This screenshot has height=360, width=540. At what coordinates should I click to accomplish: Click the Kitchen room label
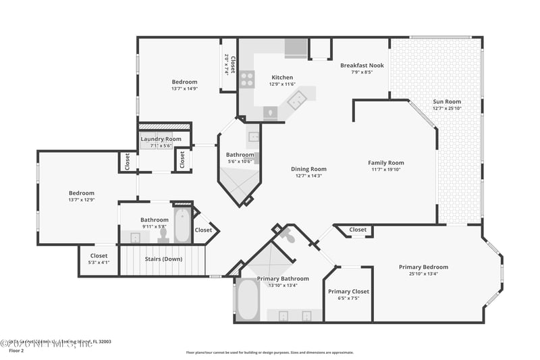[x=281, y=77]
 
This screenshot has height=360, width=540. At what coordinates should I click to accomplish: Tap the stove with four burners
[x=247, y=80]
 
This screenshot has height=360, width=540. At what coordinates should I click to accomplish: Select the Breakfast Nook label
[x=362, y=66]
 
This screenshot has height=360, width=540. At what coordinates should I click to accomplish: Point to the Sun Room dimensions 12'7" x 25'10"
[x=447, y=109]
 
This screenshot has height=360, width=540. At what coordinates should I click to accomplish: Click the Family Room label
[x=385, y=163]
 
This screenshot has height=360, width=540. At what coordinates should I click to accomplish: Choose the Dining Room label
[x=308, y=169]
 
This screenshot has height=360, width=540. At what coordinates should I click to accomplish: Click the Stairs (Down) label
[x=163, y=258]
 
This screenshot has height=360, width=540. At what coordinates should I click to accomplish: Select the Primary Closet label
[x=348, y=291]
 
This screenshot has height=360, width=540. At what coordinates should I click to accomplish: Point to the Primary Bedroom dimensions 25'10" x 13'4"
[x=423, y=274]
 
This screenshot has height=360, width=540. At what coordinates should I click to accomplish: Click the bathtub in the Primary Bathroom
[x=247, y=300]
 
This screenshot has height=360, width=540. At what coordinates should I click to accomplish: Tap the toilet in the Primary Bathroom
[x=287, y=237]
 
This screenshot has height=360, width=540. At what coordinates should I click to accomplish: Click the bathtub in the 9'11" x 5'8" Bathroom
[x=183, y=226]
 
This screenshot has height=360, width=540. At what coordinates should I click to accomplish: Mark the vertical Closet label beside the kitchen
[x=232, y=63]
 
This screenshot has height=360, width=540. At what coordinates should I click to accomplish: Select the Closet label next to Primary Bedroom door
[x=358, y=230]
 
